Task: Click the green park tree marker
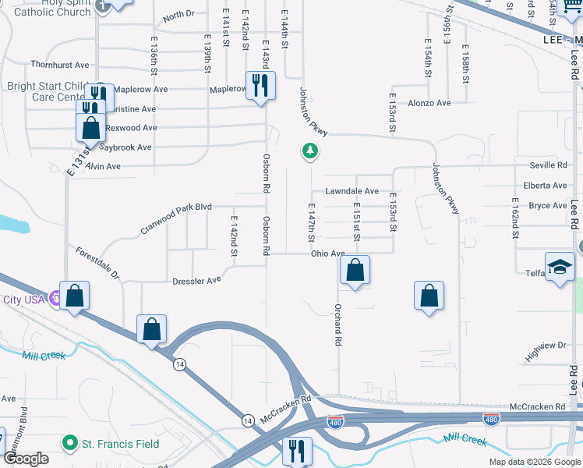click(310, 151)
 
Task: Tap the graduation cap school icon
click(560, 268)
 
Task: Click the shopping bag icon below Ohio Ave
click(355, 271)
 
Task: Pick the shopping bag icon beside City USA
click(74, 296)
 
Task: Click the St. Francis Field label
click(121, 445)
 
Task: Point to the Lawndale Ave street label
click(352, 191)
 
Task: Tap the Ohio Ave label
click(327, 253)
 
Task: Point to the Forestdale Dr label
click(97, 264)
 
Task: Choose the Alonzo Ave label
click(429, 103)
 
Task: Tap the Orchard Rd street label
click(338, 325)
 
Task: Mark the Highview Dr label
click(546, 350)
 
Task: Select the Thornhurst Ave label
click(60, 65)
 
